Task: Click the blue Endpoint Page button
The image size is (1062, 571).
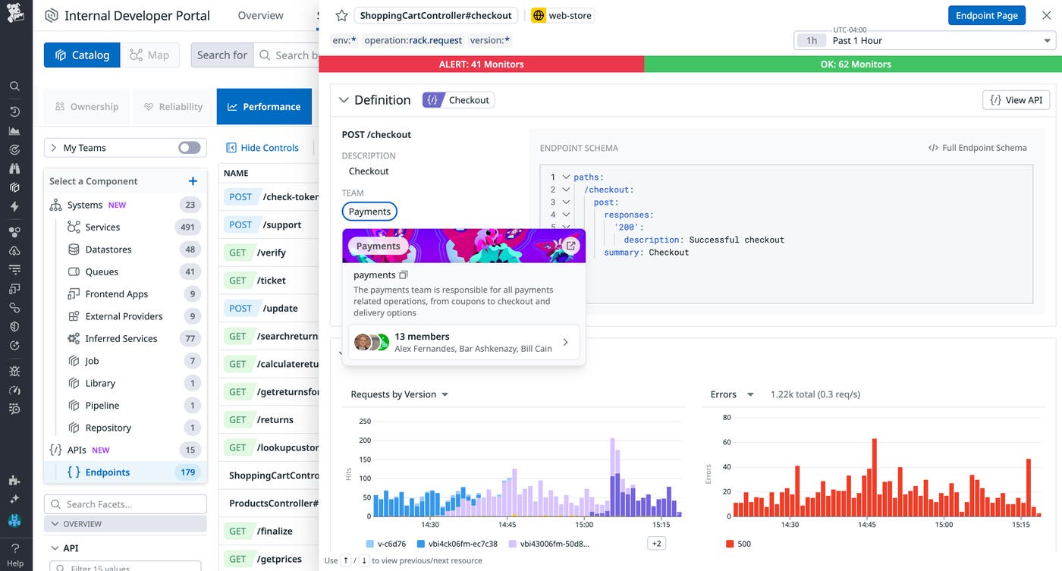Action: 986,15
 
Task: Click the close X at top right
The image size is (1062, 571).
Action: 1046,15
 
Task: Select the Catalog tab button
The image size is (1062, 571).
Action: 82,55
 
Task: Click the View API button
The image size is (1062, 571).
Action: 1016,100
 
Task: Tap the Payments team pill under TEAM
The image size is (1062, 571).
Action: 369,212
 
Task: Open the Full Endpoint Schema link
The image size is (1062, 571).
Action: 978,148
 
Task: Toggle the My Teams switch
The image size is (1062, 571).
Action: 190,148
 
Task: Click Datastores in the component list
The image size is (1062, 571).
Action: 108,249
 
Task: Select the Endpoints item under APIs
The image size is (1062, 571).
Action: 107,472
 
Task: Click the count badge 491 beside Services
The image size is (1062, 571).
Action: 187,227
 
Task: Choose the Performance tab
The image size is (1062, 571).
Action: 264,107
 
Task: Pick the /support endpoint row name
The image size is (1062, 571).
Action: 282,224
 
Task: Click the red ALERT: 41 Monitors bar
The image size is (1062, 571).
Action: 481,64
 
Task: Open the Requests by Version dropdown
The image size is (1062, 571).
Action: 399,394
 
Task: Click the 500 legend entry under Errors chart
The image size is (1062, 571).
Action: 739,544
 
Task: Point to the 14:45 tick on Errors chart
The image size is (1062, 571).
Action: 867,525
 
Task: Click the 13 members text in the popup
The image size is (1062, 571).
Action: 422,337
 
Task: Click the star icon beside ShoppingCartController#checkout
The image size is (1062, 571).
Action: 341,15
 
